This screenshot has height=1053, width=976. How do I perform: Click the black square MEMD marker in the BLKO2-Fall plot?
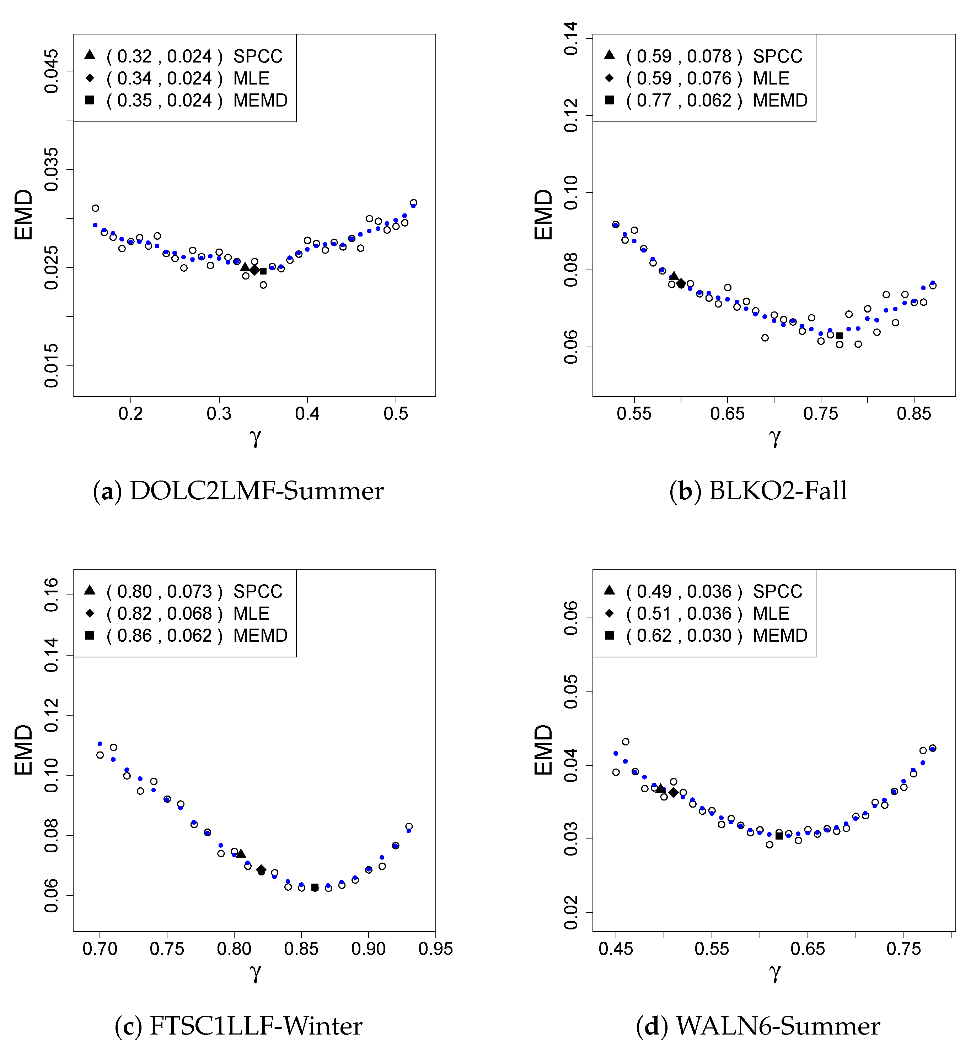pos(840,336)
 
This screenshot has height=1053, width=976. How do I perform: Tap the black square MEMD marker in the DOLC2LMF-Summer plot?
pos(263,271)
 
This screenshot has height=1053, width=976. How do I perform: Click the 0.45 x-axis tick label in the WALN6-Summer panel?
pos(616,949)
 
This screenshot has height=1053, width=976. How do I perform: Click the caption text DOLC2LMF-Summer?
pos(256,491)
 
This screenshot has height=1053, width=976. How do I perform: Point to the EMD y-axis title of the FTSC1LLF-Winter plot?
pos(24,749)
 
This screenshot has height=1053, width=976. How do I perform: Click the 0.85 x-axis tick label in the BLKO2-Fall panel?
pos(914,414)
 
